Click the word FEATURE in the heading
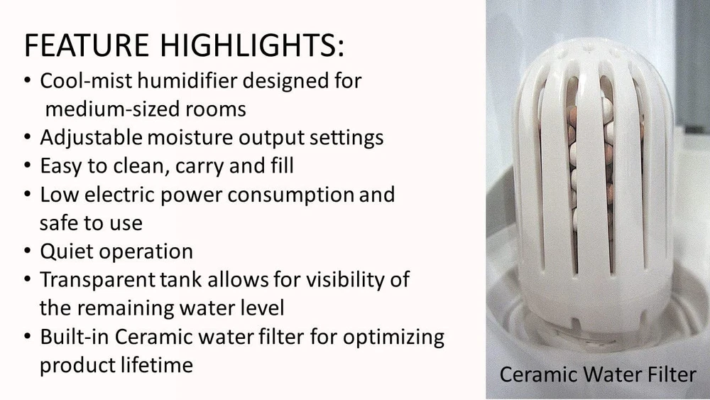(x=86, y=45)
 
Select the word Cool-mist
(x=86, y=81)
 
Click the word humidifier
(x=187, y=81)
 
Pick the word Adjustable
(x=91, y=138)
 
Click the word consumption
(x=290, y=195)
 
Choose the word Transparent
(x=97, y=280)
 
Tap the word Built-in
(x=75, y=337)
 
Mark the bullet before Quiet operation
(x=28, y=251)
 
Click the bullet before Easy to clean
(x=28, y=166)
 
